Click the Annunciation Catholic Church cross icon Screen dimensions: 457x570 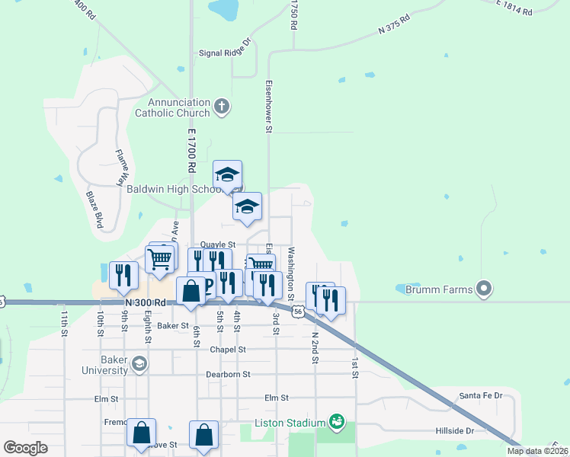coord(222,107)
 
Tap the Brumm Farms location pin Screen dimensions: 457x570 coord(483,289)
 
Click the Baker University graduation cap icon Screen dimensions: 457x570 coord(139,364)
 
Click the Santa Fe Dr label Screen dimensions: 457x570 coord(481,396)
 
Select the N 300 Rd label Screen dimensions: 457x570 coord(145,302)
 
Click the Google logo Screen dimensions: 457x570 coord(25,447)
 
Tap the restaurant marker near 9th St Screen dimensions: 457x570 coord(123,276)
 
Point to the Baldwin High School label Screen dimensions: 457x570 coord(183,189)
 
